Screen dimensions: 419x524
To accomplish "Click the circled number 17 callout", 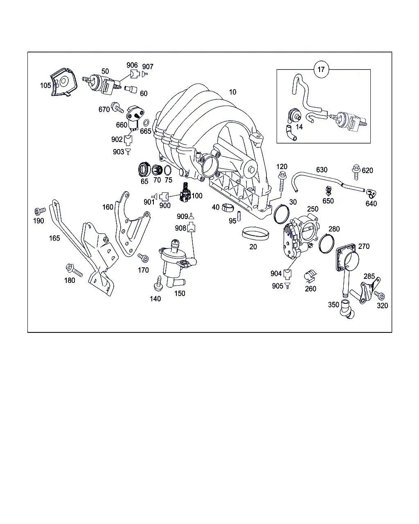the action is coord(321,70).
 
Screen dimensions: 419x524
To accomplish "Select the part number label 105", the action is coord(45,86).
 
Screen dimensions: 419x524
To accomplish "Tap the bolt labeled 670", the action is coord(117,107).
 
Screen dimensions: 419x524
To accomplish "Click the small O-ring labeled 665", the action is coord(146,123).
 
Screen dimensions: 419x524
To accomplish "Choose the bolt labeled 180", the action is coord(74,270).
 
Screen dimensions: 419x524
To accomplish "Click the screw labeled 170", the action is coord(143,258).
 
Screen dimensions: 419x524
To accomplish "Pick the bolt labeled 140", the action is coord(158,283).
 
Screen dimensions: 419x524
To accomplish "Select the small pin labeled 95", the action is coord(239,216).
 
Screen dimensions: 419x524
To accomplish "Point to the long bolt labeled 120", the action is coord(282,181).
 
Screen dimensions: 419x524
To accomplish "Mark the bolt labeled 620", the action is coord(356,172).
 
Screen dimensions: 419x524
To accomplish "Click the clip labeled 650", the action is coord(329,191).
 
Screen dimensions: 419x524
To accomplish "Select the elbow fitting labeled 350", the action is coord(347,309).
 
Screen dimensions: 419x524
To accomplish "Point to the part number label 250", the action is coord(313,209).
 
